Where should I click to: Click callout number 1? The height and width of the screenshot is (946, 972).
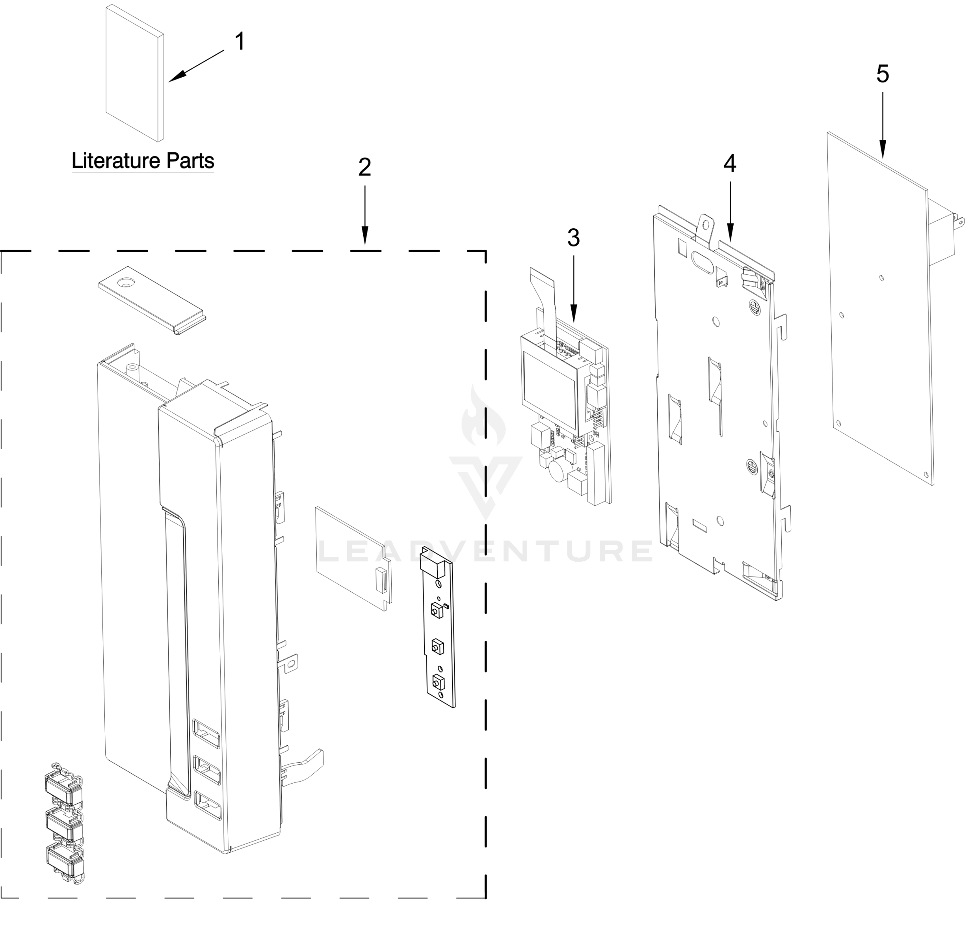[240, 41]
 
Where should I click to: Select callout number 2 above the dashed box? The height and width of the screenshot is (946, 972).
[364, 168]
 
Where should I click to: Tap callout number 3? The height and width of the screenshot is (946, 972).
[573, 238]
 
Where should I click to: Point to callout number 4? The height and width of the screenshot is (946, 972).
[730, 164]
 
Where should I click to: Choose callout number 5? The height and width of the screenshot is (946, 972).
[882, 74]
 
